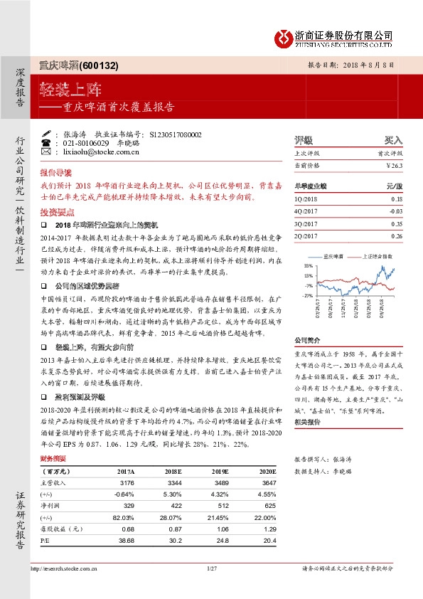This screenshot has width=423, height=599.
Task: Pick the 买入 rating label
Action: tap(393, 140)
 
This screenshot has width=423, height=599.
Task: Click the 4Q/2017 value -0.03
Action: tap(395, 211)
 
